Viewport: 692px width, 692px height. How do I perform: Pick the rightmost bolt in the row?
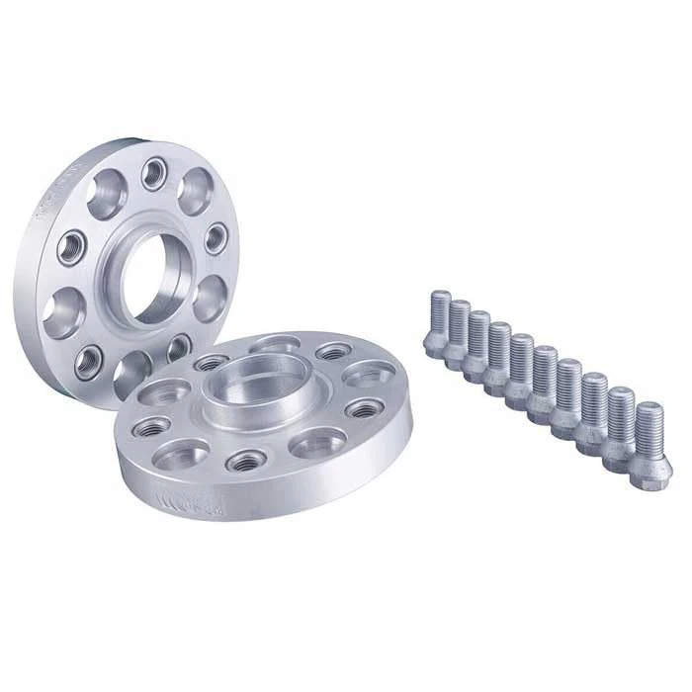pos(649,436)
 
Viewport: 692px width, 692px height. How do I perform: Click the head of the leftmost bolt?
pos(435,344)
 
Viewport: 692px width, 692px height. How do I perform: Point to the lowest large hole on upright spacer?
pos(131,374)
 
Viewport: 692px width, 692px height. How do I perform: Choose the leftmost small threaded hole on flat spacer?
pos(152,426)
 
